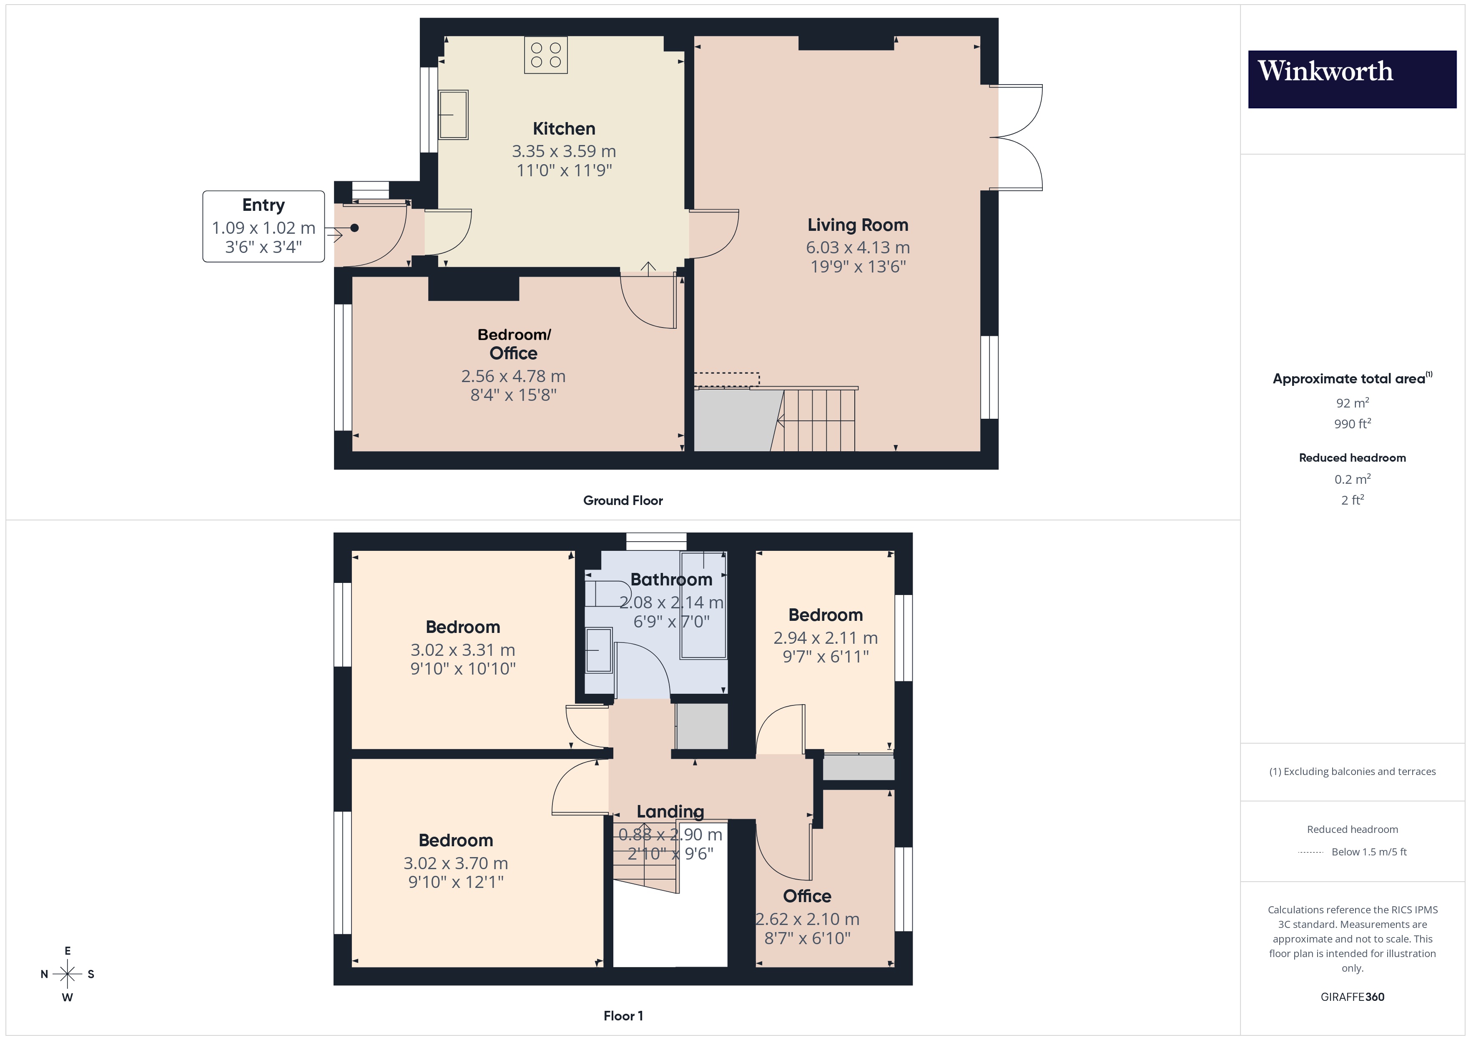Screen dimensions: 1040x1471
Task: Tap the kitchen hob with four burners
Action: tap(546, 55)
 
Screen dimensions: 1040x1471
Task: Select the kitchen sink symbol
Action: tap(453, 115)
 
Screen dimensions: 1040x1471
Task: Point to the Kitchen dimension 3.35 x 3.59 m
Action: tap(564, 151)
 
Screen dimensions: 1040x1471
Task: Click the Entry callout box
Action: tap(264, 226)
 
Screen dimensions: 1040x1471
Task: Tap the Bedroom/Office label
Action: tap(514, 344)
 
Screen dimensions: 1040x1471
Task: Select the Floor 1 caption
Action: tap(623, 1016)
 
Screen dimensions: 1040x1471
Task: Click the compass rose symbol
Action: tap(67, 974)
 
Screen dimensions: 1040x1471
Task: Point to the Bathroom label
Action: tap(671, 580)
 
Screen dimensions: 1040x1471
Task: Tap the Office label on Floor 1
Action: tap(807, 896)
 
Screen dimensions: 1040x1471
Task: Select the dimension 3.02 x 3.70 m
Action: tap(456, 863)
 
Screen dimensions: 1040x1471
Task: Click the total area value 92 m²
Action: tap(1352, 403)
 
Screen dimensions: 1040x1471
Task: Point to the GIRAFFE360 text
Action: tap(1352, 997)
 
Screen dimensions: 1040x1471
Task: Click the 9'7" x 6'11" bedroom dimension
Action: tap(825, 656)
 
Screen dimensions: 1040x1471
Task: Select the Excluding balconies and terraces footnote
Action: tap(1352, 772)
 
